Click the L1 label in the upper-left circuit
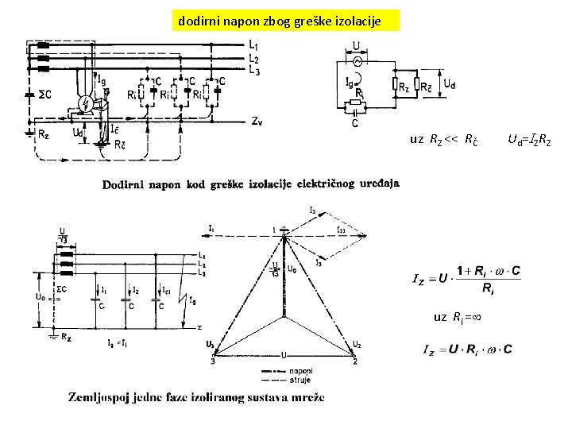[253, 45]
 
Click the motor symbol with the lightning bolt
[87, 103]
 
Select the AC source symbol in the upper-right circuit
[357, 60]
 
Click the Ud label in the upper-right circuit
[449, 83]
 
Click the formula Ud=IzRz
[528, 141]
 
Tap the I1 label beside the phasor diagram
[211, 228]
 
